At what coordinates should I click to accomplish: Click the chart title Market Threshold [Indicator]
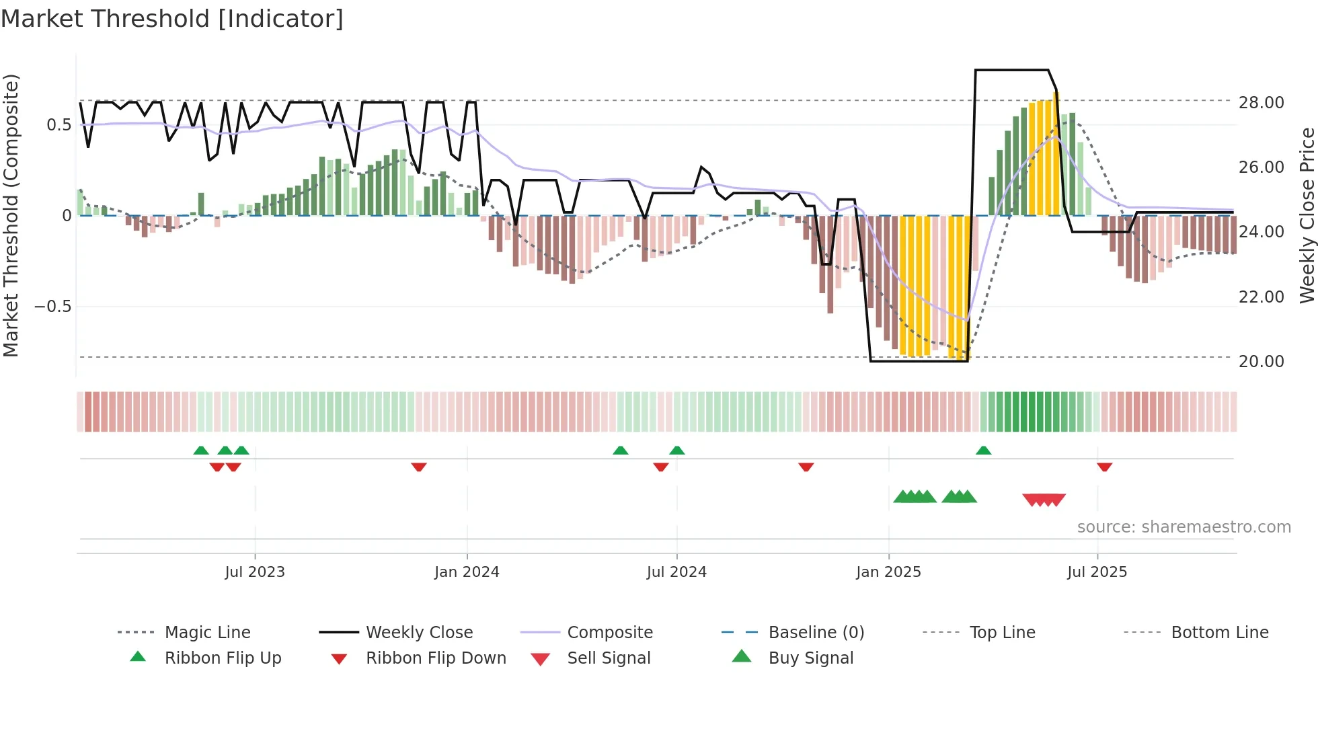(172, 19)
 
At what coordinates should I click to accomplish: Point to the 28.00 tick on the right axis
(1261, 103)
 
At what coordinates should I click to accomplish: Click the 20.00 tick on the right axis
(1261, 362)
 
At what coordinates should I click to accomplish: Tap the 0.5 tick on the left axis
(59, 125)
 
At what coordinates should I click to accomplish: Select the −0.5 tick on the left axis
(52, 307)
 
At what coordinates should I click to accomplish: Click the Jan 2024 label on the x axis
(467, 572)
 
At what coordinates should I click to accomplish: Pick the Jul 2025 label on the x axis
(1097, 572)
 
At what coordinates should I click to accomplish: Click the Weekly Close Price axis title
(1307, 215)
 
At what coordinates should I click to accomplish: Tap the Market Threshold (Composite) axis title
(11, 215)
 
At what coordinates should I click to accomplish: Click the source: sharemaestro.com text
(1184, 527)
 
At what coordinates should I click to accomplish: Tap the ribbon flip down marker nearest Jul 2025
(1104, 467)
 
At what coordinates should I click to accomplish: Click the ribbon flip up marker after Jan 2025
(984, 451)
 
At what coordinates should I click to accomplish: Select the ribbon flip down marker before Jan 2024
(419, 467)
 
